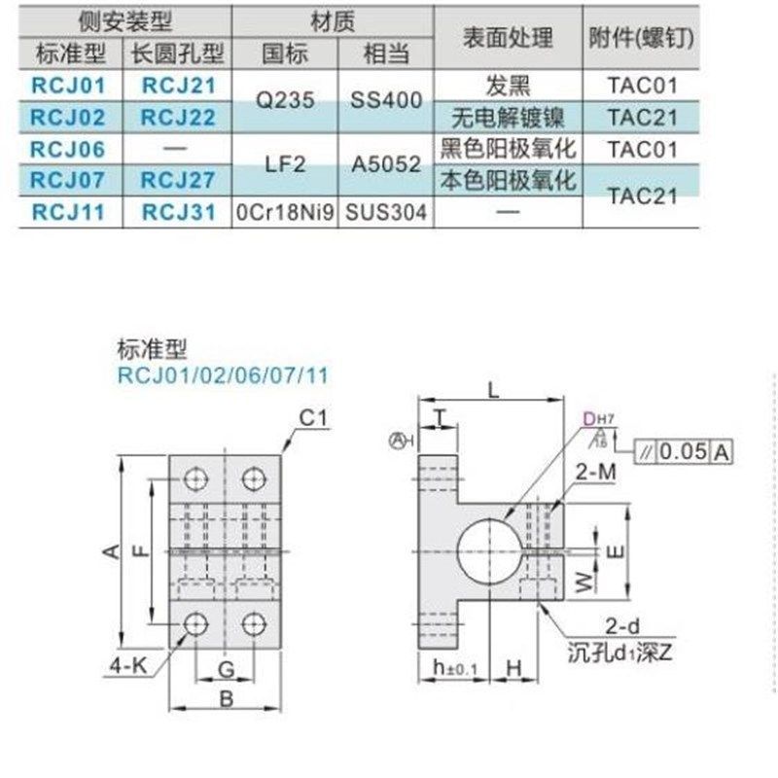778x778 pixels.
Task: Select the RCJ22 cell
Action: click(x=179, y=117)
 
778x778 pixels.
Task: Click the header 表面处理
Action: click(x=508, y=37)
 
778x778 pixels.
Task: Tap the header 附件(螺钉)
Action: click(x=633, y=37)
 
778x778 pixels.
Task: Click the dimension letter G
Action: click(x=225, y=669)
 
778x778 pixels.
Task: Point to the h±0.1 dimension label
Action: click(x=453, y=669)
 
